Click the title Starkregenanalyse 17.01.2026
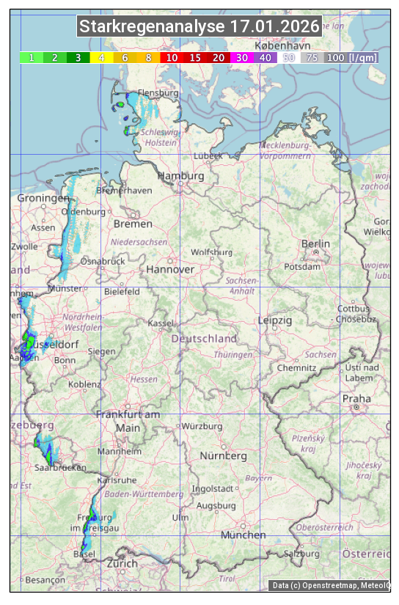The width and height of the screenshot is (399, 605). click(x=199, y=27)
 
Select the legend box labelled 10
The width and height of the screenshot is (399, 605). click(x=172, y=57)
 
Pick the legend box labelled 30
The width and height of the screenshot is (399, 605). click(x=242, y=57)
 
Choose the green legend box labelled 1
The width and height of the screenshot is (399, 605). click(x=31, y=57)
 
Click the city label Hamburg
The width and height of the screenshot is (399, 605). click(x=180, y=176)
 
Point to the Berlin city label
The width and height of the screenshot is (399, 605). click(x=315, y=243)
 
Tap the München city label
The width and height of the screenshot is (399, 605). click(x=243, y=535)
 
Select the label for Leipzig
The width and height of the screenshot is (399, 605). click(x=275, y=320)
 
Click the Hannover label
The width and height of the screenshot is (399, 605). click(x=170, y=269)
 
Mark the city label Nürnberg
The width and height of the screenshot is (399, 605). click(x=224, y=455)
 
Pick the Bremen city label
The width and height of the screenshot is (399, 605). click(x=133, y=223)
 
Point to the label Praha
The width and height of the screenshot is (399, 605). click(x=356, y=398)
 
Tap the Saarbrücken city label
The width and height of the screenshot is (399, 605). click(x=60, y=467)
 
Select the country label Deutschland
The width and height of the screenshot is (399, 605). click(x=204, y=339)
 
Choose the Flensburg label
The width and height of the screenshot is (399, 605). click(x=158, y=94)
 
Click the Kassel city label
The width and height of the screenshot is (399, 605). click(x=160, y=323)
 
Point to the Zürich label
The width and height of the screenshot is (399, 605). click(x=122, y=563)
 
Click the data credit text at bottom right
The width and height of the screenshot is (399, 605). click(x=331, y=585)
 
